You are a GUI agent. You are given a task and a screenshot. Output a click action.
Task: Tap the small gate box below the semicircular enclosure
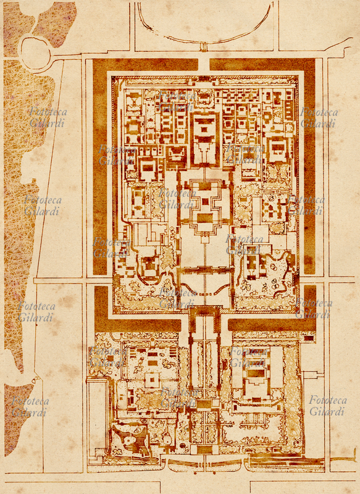pos(204,47)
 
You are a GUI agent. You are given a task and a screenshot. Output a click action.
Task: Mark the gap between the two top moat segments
pos(204,64)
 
